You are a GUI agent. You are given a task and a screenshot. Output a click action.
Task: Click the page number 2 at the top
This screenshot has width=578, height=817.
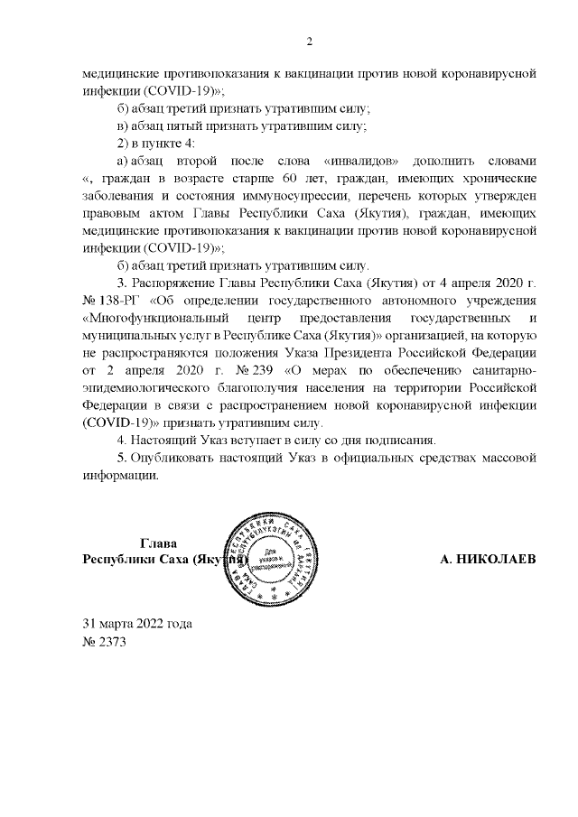309,41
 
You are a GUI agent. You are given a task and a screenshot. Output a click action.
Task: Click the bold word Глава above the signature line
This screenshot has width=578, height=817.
158,543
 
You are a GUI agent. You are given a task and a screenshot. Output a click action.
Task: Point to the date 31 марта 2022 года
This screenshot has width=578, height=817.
137,624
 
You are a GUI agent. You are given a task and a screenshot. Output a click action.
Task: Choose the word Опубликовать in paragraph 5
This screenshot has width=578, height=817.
174,458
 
